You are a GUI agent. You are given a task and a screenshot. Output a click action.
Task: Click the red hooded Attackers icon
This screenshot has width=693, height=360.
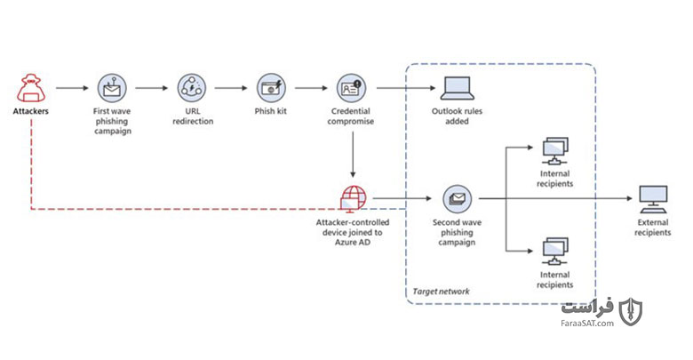pos(31,89)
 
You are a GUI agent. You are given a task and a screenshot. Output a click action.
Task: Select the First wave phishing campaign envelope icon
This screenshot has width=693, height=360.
pos(112,88)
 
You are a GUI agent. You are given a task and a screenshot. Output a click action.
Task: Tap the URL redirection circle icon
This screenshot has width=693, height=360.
pos(192,88)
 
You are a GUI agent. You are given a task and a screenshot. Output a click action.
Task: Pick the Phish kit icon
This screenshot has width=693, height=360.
pos(271,88)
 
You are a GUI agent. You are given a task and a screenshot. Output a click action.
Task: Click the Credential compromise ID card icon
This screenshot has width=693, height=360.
pos(351,88)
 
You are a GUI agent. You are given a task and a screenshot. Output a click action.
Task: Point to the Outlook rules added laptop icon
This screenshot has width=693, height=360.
pos(458,89)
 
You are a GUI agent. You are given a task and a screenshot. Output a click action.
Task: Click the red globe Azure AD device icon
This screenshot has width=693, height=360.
pos(353,198)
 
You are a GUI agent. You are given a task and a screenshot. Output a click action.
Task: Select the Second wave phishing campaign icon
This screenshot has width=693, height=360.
pos(458,199)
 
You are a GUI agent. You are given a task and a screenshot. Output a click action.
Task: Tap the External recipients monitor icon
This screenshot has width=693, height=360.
pos(653,199)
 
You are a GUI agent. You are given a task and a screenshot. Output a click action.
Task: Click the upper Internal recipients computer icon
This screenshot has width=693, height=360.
pos(555,151)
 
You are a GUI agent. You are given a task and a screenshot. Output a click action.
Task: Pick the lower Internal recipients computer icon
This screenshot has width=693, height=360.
pos(555,252)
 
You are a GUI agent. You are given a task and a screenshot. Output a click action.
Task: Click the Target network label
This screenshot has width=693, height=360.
pos(441,292)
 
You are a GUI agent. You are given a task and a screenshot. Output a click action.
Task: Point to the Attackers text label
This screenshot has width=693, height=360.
pos(30,111)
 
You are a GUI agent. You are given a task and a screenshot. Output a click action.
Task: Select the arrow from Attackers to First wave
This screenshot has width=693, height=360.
pos(73,88)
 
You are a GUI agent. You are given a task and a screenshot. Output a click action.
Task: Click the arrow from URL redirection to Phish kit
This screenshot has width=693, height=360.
pos(231,88)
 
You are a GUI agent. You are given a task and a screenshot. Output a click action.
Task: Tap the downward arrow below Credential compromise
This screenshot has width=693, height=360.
pos(353,155)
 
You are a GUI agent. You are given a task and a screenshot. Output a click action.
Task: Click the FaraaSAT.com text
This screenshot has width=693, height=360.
pos(587,324)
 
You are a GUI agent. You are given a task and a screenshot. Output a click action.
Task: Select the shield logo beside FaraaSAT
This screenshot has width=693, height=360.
pos(631,312)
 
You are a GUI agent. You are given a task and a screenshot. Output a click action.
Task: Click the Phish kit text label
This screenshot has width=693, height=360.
pos(270,111)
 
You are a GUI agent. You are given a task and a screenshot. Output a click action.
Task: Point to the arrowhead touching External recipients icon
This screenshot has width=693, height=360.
pos(630,198)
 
